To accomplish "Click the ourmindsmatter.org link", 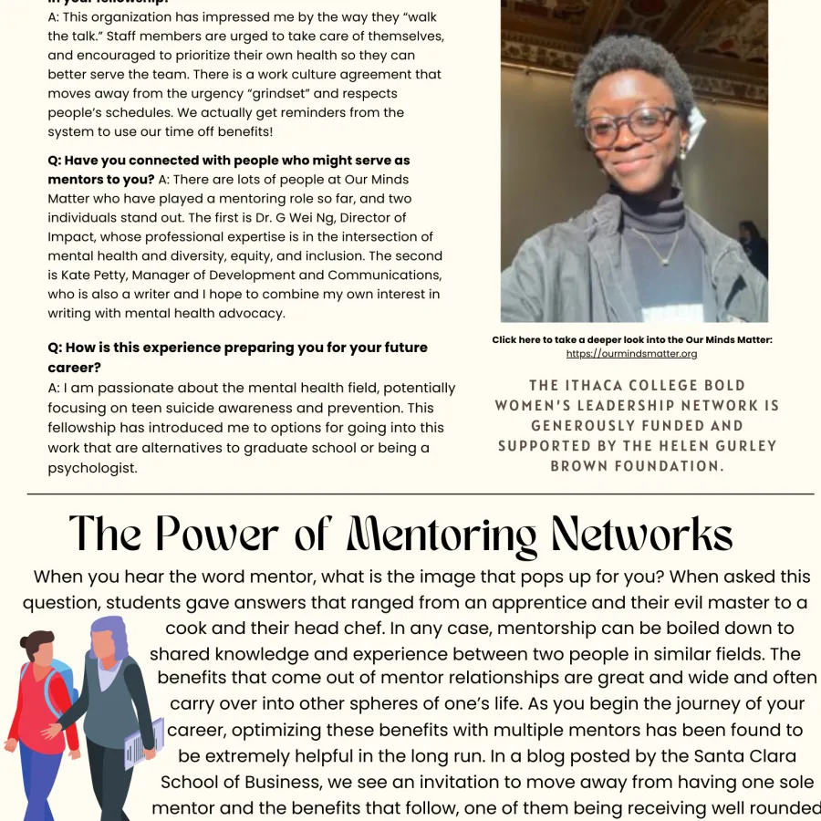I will click(631, 354).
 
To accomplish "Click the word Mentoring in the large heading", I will click(442, 535).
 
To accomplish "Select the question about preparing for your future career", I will click(237, 357).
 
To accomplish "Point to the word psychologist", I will click(92, 468).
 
